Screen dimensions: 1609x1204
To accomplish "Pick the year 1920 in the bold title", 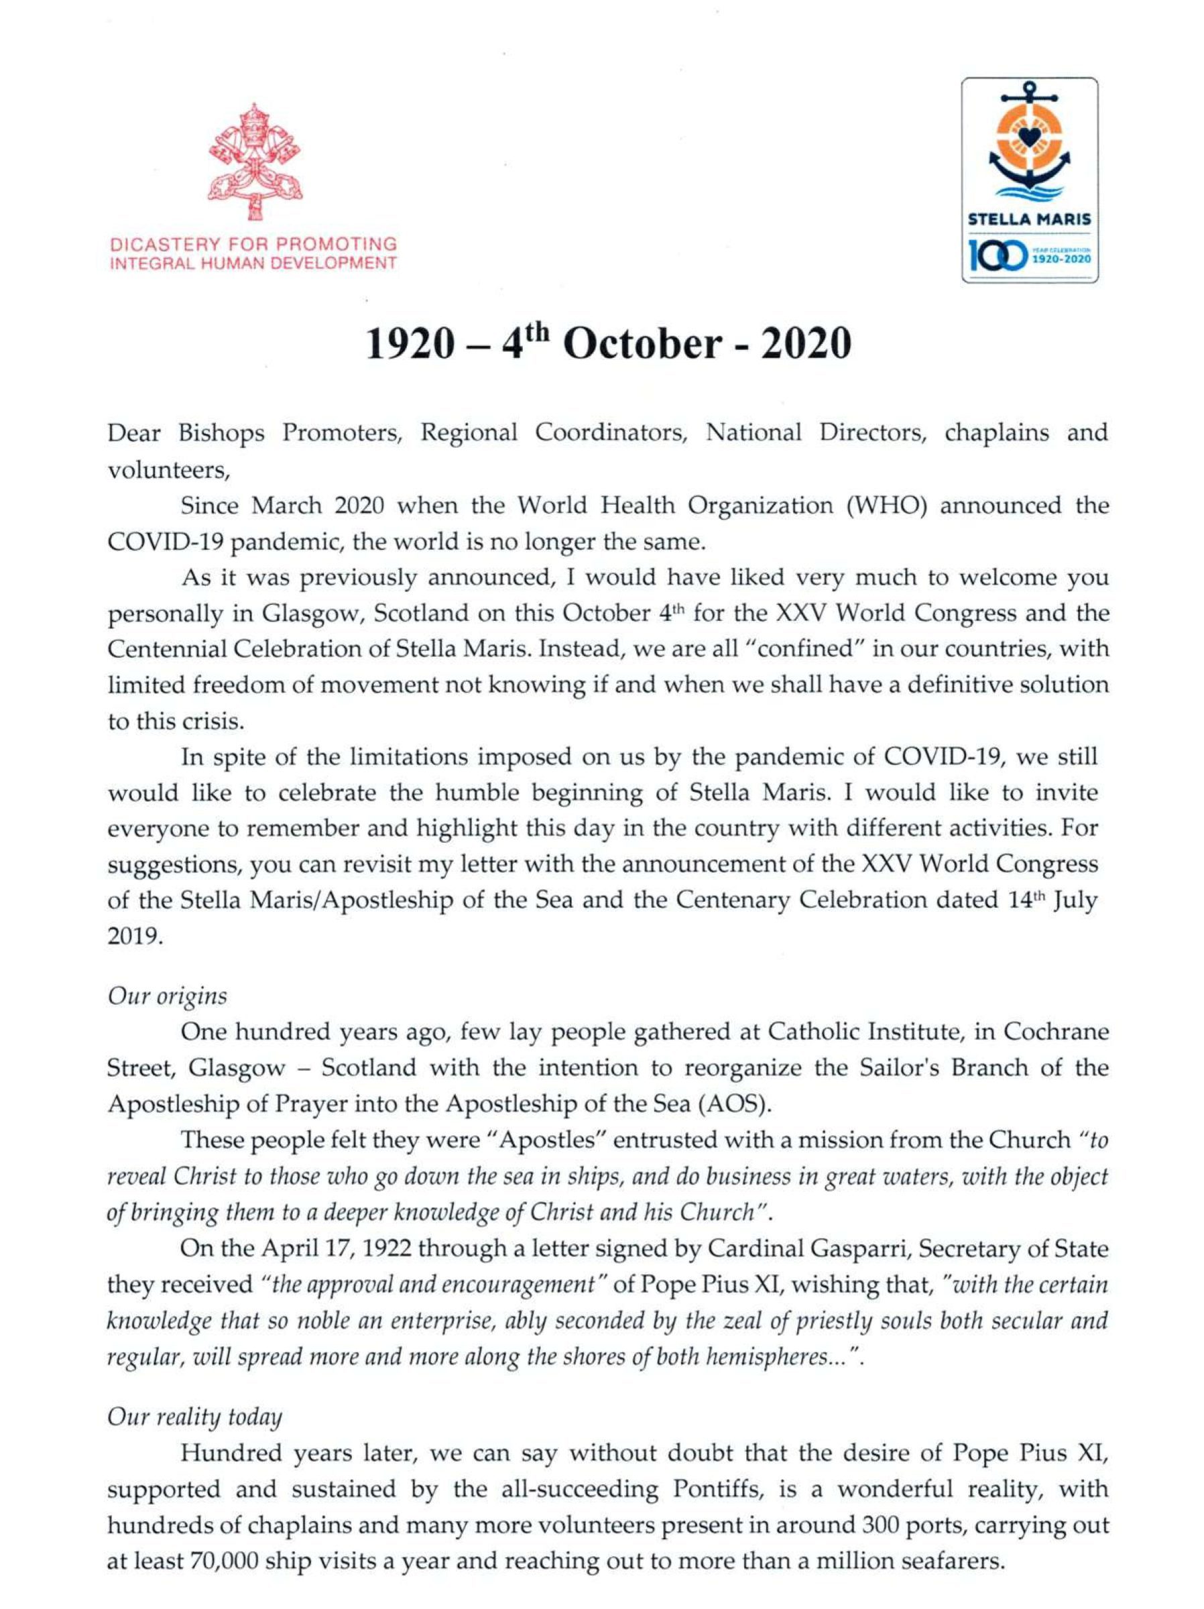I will (x=404, y=343).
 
